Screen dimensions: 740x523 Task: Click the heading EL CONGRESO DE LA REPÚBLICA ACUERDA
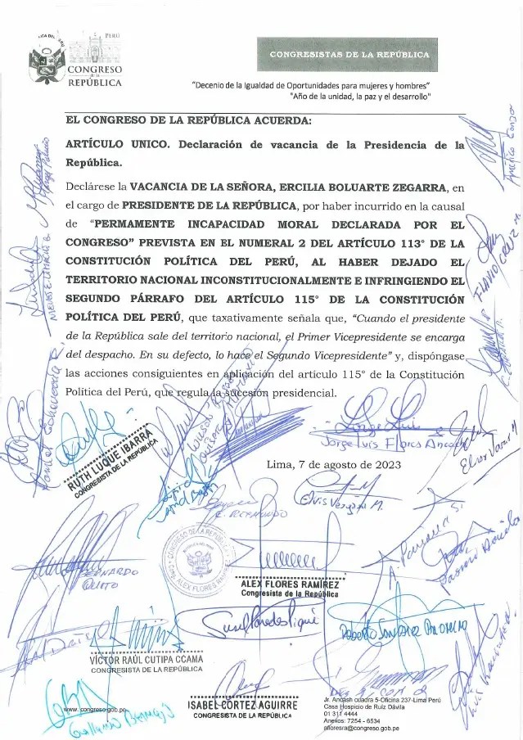(x=188, y=120)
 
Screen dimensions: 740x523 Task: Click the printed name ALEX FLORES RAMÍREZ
(x=290, y=584)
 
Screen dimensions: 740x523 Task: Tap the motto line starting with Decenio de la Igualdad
(x=311, y=86)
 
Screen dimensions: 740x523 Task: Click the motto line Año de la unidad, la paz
(x=360, y=97)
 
